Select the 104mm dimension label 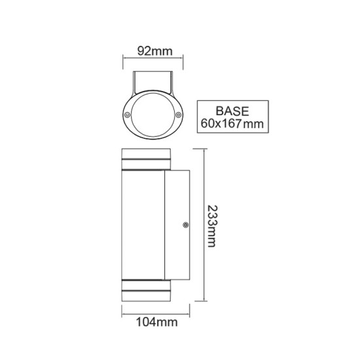point(154,322)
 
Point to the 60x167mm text point(234,122)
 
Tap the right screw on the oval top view point(177,115)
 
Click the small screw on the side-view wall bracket point(185,226)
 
